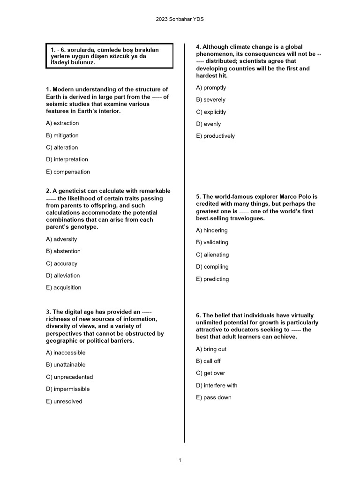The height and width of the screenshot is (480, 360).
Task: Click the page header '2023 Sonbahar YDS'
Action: point(180,19)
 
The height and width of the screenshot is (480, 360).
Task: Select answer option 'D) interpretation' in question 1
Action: point(67,159)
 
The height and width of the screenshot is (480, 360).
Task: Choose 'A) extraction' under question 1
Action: point(62,123)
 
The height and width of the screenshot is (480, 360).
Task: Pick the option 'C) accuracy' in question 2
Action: point(62,263)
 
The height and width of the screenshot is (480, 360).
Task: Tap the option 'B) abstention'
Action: point(63,251)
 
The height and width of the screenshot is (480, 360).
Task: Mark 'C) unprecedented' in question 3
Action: point(69,377)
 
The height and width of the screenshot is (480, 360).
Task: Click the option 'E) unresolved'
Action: point(64,401)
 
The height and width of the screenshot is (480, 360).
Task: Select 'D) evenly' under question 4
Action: point(209,124)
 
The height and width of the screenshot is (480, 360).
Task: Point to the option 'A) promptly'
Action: point(211,88)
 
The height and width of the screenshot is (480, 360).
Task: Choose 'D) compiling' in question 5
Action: point(212,267)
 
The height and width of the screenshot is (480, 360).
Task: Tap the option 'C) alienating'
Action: point(212,255)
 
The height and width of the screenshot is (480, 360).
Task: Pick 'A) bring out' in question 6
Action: point(211,349)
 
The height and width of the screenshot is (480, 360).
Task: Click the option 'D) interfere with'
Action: point(217,385)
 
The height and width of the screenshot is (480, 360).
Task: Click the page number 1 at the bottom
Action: point(180,460)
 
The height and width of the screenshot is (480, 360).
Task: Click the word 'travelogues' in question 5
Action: point(246,218)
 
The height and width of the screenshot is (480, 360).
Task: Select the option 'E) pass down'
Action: point(214,397)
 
